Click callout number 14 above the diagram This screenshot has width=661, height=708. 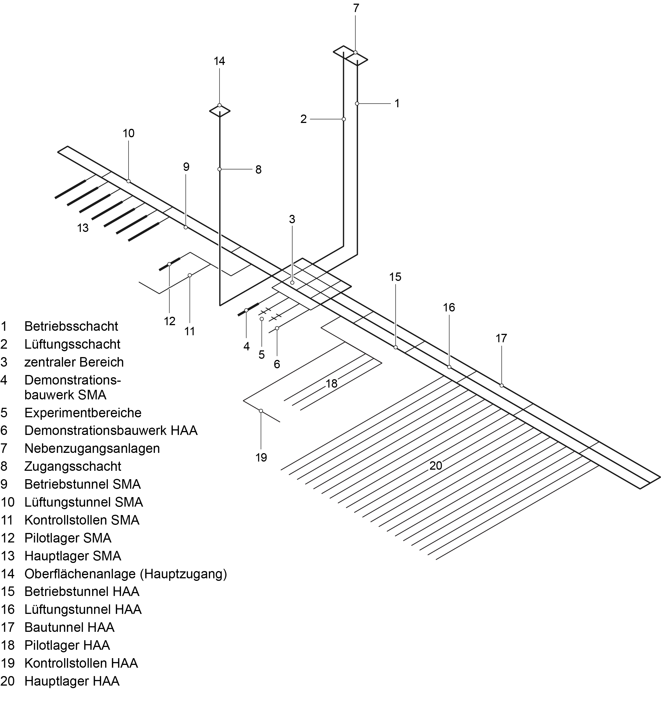[219, 61]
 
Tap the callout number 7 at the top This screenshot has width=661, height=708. [356, 8]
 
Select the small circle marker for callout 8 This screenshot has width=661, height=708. [219, 169]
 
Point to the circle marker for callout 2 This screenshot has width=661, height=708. [344, 119]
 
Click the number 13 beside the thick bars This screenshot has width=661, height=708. [83, 228]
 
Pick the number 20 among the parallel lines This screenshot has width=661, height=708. [436, 465]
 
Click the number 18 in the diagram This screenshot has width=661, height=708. [331, 384]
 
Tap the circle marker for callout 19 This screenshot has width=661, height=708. [261, 411]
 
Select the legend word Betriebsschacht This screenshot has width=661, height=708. [71, 326]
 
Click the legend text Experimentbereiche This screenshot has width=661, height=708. [83, 413]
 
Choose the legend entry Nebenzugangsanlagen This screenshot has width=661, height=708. [92, 448]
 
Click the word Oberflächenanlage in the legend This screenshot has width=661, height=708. [80, 574]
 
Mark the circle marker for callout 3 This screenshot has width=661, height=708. [292, 282]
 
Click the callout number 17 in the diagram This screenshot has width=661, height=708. [501, 338]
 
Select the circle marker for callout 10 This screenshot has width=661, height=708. [129, 181]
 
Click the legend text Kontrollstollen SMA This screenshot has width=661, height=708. [81, 520]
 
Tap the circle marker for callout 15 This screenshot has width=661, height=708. [396, 347]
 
